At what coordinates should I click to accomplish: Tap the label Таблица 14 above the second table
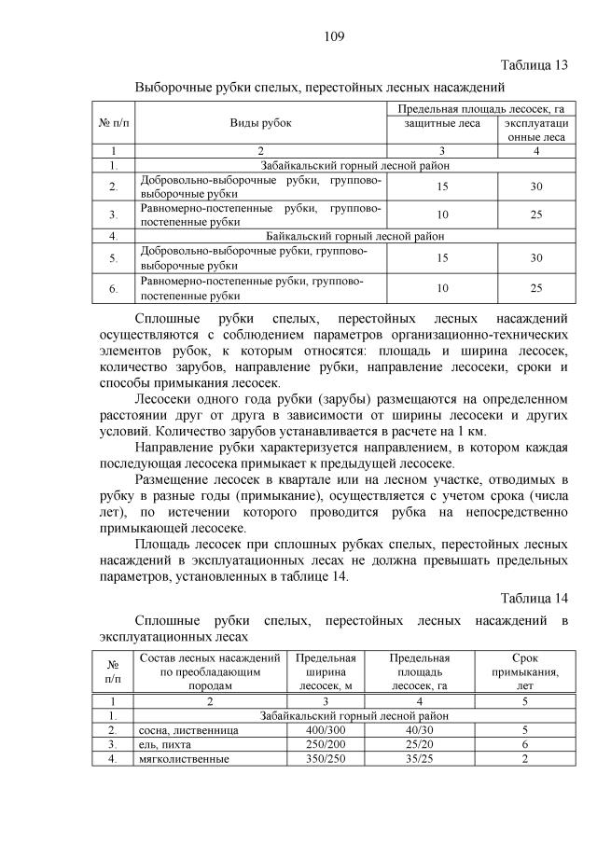(x=534, y=597)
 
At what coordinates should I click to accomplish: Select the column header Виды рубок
(x=261, y=123)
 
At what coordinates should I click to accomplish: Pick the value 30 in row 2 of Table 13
(x=535, y=187)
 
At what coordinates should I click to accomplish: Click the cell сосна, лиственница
(x=187, y=730)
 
